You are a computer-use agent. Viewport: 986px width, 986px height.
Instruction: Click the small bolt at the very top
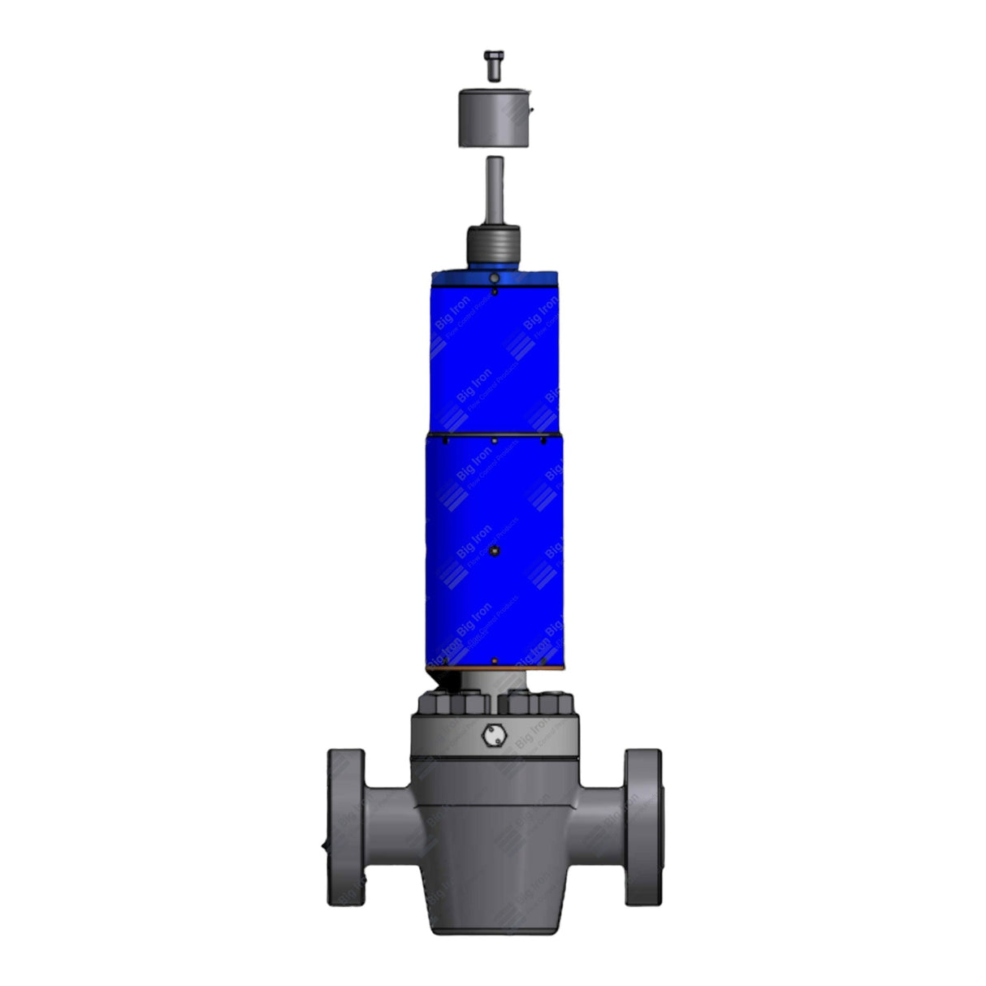[x=492, y=64]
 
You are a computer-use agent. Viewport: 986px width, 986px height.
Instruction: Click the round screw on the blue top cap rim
[x=494, y=279]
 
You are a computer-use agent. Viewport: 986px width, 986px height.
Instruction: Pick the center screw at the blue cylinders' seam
[x=495, y=441]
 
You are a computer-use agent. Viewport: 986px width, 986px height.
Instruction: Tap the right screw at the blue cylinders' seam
[x=543, y=441]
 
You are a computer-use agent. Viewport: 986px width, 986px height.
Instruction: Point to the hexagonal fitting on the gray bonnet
[x=493, y=736]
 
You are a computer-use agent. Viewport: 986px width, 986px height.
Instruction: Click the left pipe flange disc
[x=346, y=827]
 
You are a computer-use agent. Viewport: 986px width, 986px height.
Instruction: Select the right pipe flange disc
[x=642, y=827]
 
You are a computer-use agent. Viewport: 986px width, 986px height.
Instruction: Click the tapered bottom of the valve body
[x=493, y=902]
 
